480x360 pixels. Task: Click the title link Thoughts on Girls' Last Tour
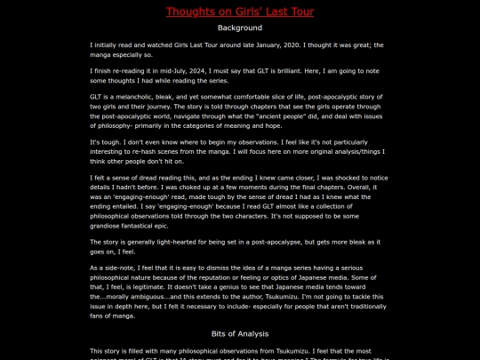239,12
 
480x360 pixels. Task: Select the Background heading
239,28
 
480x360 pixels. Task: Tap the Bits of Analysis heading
239,333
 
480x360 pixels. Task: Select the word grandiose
108,226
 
